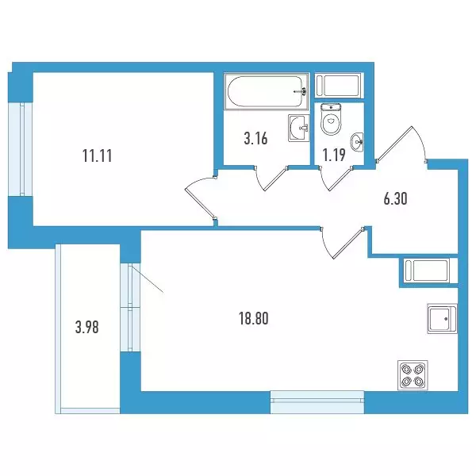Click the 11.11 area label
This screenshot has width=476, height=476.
point(97,156)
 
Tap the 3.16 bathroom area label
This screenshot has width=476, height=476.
point(255,139)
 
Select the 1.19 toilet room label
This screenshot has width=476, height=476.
point(334,155)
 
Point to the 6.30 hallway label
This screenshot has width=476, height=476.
point(395,199)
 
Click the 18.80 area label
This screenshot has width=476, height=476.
point(254,319)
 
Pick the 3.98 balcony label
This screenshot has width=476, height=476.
point(86,328)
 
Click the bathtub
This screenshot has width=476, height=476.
point(267,91)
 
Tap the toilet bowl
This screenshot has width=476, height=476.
point(331,119)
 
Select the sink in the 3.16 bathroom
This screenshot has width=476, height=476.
point(299,128)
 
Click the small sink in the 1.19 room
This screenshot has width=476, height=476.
point(357,141)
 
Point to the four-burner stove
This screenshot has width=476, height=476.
point(413,375)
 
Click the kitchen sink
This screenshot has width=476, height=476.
point(442,318)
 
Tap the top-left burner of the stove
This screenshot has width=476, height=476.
point(406,369)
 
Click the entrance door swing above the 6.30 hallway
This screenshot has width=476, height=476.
point(402,144)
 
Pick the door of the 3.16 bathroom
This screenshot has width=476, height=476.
point(271,178)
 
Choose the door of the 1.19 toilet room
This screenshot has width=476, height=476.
point(336,178)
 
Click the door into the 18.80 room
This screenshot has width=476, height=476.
point(342,243)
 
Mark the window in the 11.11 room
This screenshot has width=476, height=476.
point(21,149)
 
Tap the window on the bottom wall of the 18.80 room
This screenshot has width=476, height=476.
point(317,402)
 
